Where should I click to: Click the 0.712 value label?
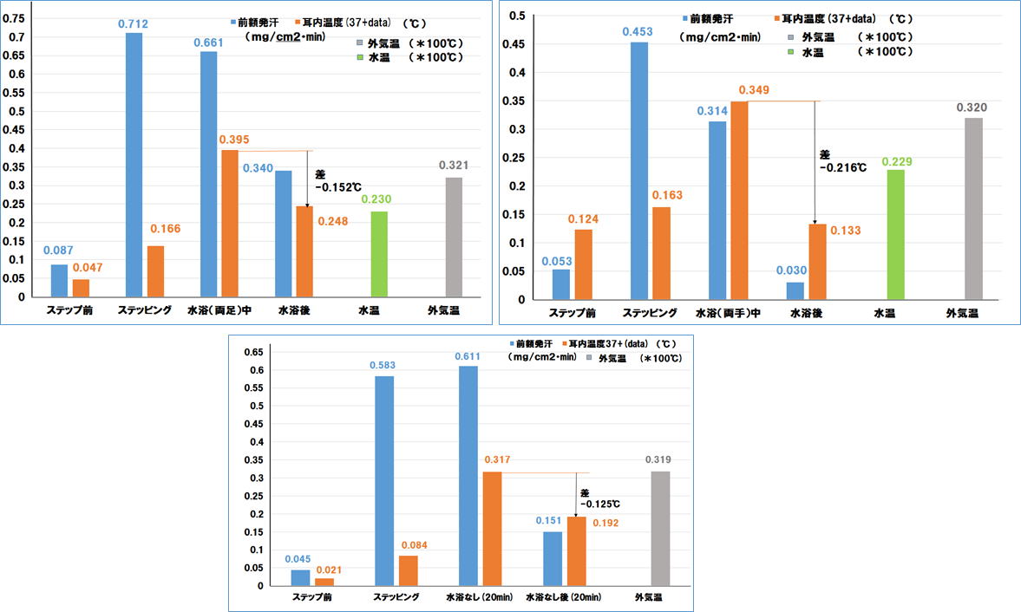(134, 23)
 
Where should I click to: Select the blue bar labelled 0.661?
(208, 173)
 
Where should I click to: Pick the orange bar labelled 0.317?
(492, 528)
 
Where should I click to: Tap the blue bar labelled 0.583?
(384, 480)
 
